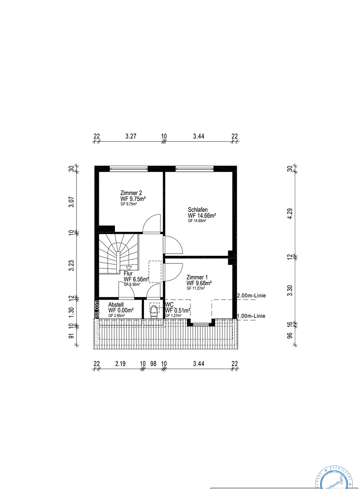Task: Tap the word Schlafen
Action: pyautogui.click(x=198, y=210)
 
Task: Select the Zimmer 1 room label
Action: pyautogui.click(x=197, y=277)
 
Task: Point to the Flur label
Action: pyautogui.click(x=128, y=273)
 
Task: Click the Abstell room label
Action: pyautogui.click(x=116, y=305)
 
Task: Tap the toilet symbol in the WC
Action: pyautogui.click(x=154, y=311)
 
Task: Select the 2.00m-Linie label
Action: pyautogui.click(x=251, y=296)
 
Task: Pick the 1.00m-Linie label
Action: pyautogui.click(x=251, y=316)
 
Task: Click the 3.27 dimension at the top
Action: pyautogui.click(x=130, y=136)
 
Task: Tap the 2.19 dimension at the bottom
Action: pyautogui.click(x=120, y=364)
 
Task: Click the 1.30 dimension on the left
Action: pyautogui.click(x=71, y=312)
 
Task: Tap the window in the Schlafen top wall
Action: pyautogui.click(x=194, y=168)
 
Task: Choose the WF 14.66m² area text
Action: pyautogui.click(x=202, y=216)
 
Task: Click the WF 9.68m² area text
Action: pyautogui.click(x=200, y=283)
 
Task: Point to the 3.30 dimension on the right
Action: pyautogui.click(x=290, y=290)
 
